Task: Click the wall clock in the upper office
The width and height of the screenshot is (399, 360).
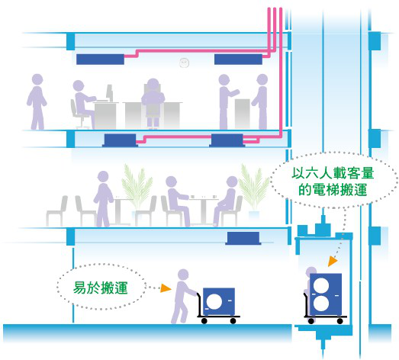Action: tap(184, 63)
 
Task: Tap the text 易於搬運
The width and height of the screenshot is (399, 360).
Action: tap(100, 288)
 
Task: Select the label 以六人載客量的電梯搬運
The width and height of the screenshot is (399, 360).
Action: tap(333, 182)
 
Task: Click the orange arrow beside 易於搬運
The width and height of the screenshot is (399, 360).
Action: tap(166, 288)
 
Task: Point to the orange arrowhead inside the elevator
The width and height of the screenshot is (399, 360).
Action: tap(333, 261)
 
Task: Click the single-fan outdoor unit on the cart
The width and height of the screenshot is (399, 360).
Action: tap(219, 302)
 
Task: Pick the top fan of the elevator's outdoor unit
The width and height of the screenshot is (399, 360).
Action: tap(321, 285)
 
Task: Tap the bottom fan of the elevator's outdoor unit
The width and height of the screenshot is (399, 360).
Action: tap(321, 304)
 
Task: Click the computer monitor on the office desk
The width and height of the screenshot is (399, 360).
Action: tap(109, 92)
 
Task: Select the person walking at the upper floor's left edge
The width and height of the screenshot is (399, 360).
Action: tap(37, 101)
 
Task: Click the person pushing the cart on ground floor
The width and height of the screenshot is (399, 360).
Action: tap(182, 296)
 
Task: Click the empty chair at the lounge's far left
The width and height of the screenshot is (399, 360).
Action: tap(56, 211)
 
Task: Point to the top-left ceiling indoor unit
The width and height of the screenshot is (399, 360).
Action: tap(100, 59)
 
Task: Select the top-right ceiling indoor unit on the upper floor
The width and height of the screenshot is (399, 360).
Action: tap(238, 59)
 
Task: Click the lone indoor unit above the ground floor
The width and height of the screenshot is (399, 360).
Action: tap(243, 238)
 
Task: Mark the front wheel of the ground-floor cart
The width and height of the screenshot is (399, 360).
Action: tap(233, 321)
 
